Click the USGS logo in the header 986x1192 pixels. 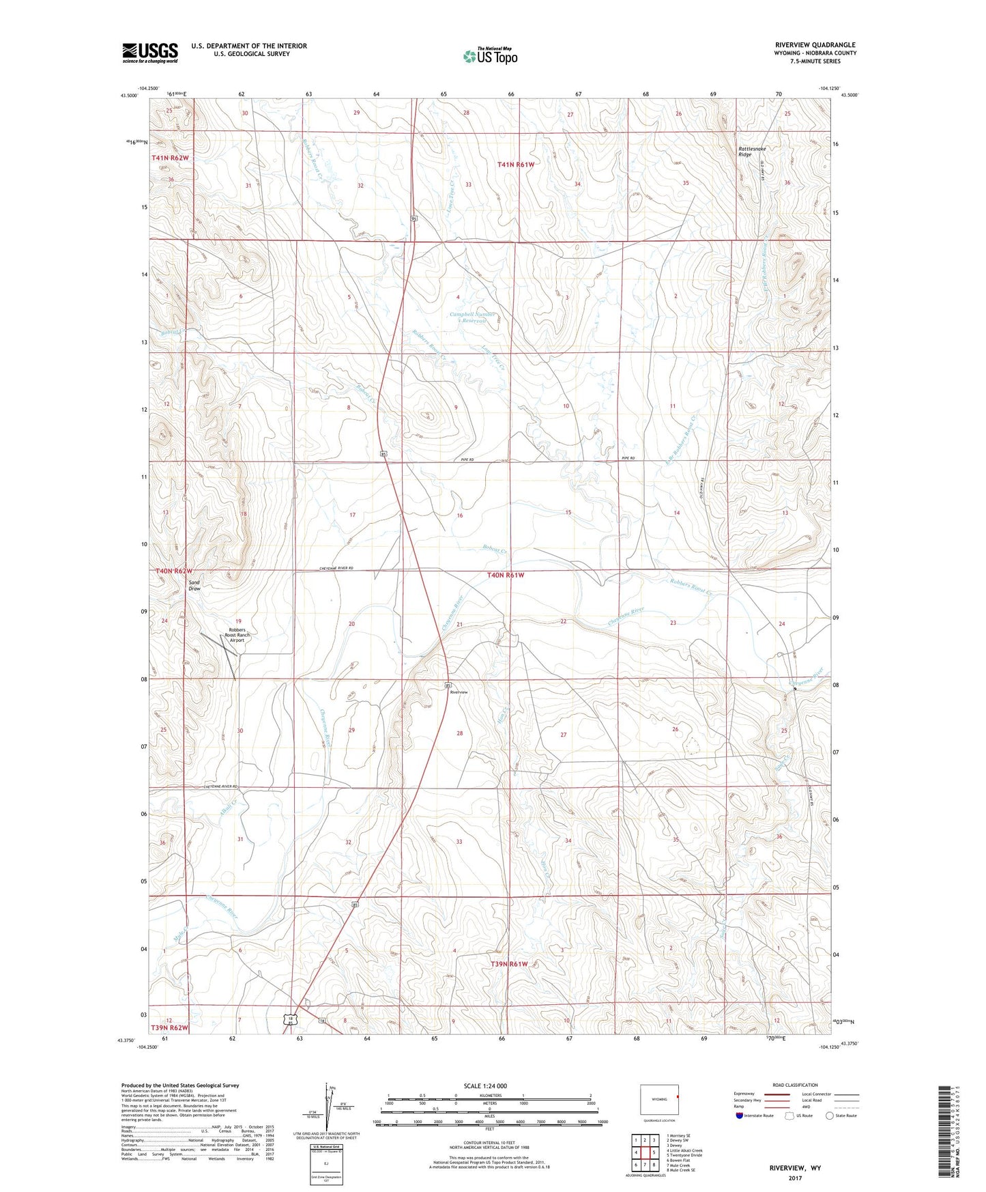point(150,53)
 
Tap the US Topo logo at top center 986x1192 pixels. point(489,56)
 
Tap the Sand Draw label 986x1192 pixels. point(194,585)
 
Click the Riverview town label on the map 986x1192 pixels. point(459,692)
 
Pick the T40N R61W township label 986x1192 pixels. point(506,576)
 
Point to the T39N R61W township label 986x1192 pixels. point(509,964)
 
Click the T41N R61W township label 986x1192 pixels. point(516,165)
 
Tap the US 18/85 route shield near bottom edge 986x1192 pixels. point(293,1019)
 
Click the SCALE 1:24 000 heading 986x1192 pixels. point(485,1085)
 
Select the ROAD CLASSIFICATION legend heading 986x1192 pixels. point(795,1085)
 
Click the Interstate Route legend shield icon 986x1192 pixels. point(740,1116)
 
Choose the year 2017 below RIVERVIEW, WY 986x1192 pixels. point(795,1178)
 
